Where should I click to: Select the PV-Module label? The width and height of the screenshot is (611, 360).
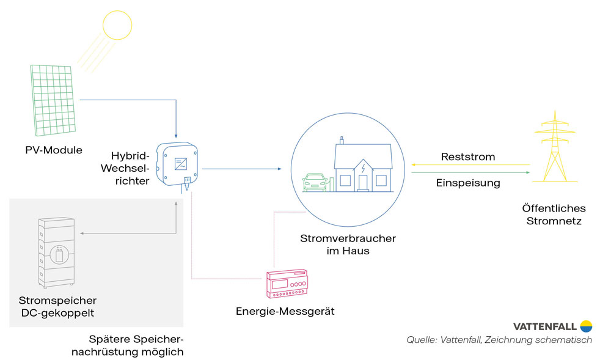point(54,150)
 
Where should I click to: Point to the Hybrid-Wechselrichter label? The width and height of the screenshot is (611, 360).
point(131,167)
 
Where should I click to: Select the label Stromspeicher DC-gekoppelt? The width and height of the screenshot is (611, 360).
point(57,307)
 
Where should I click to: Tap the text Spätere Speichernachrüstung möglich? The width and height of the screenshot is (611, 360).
point(136,345)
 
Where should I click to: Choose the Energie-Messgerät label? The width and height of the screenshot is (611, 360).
point(285,312)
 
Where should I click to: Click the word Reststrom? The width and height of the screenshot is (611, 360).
point(468,157)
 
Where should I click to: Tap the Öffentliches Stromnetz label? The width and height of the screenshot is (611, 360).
point(554,214)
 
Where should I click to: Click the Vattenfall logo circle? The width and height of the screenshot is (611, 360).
point(586,325)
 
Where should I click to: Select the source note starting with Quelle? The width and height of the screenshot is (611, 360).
point(499,340)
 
